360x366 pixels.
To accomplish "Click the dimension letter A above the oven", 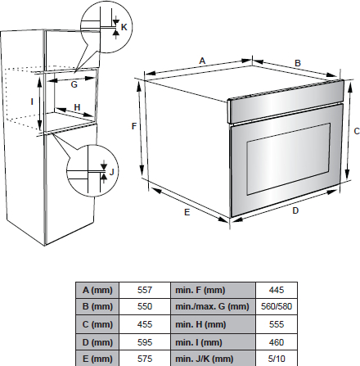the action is click(202, 61).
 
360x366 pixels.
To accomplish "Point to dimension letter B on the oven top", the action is click(298, 63).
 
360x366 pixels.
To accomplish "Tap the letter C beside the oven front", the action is click(357, 131).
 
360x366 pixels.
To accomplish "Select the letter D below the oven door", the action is click(295, 210).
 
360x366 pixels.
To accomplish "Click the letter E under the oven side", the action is click(187, 212).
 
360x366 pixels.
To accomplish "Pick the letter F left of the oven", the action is click(134, 126).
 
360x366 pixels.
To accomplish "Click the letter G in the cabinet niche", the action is click(74, 84).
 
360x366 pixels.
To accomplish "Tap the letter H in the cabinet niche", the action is click(77, 107).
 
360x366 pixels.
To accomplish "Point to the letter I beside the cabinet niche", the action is click(32, 102).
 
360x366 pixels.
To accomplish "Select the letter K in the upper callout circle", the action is click(124, 27).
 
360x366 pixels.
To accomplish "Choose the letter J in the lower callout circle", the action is click(111, 172).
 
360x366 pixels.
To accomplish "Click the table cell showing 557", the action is click(145, 290).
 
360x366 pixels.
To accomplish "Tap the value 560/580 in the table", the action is click(277, 306).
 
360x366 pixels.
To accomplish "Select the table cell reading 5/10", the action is click(277, 358).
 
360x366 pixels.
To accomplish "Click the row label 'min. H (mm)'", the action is click(200, 324).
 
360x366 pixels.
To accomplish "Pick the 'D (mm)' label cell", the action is click(97, 342).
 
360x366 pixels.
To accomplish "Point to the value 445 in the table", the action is click(277, 290).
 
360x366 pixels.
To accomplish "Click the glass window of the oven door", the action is click(289, 159).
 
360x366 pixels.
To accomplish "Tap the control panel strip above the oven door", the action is click(286, 101).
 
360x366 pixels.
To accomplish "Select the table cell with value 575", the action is click(145, 358).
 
